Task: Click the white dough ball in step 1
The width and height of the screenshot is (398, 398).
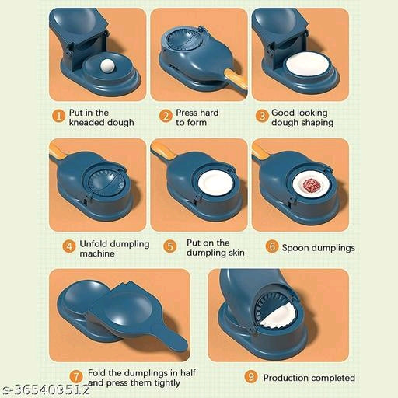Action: click(108, 65)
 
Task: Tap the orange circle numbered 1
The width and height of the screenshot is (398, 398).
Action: click(59, 116)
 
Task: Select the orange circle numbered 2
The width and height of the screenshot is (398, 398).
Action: click(166, 116)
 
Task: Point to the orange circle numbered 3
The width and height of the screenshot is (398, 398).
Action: click(262, 116)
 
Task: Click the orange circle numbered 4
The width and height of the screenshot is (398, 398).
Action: click(69, 246)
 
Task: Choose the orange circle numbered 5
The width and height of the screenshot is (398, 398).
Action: click(170, 246)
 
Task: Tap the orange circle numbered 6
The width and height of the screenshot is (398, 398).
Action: click(272, 246)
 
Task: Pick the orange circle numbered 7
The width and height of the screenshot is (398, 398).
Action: click(76, 376)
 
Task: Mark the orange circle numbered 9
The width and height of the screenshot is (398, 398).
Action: click(251, 376)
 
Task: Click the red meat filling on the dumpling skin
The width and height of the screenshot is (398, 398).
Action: click(312, 186)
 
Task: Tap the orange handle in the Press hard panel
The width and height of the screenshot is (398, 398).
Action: click(236, 79)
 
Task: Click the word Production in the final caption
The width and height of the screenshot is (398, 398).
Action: click(286, 378)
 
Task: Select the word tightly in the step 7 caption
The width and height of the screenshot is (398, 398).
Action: click(167, 383)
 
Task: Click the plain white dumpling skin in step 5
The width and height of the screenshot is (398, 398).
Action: click(215, 183)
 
